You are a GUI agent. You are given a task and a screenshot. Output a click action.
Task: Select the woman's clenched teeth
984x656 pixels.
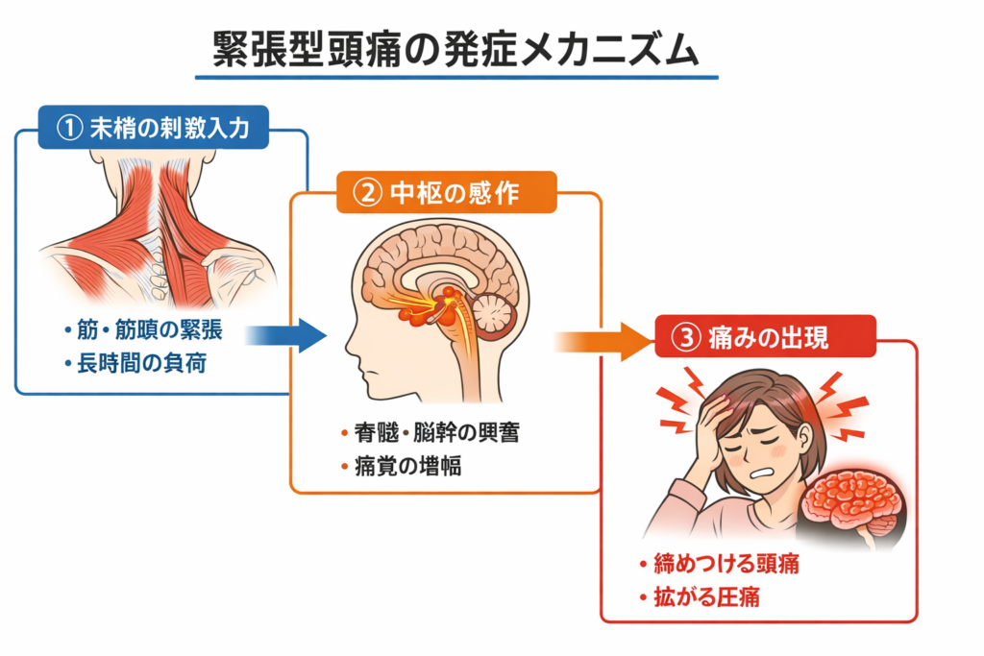(759, 472)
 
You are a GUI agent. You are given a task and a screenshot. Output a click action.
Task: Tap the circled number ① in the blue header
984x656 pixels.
(70, 129)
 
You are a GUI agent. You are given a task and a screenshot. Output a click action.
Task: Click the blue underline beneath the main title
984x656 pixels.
(455, 76)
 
